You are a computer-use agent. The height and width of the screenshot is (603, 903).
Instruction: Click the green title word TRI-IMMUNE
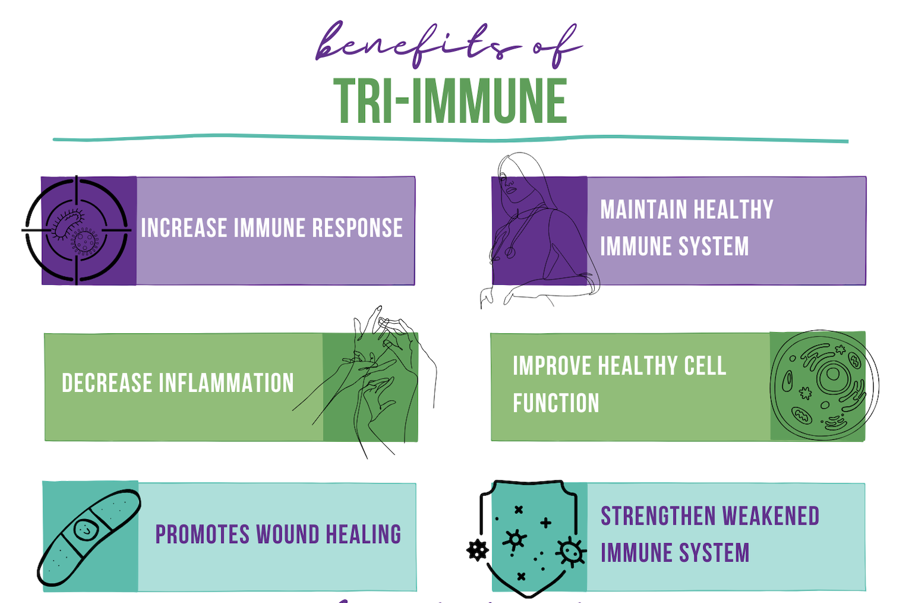point(451,100)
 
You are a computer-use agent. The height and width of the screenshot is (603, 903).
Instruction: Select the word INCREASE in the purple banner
point(185,228)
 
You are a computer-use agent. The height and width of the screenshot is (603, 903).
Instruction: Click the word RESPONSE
point(357,228)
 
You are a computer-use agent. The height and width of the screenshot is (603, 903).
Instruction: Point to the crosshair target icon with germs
point(76,230)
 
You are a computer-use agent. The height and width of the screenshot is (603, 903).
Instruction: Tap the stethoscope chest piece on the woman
point(510,253)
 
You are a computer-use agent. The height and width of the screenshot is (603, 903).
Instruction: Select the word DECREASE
point(107,382)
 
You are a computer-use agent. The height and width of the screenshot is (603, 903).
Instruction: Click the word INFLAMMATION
point(227,382)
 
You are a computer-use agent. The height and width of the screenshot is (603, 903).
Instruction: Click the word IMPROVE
point(552,366)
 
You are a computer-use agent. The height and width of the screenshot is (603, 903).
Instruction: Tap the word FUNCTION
point(556,403)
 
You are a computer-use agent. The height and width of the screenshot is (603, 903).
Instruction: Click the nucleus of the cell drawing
point(833,375)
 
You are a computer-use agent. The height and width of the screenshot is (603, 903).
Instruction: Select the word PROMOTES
point(203,535)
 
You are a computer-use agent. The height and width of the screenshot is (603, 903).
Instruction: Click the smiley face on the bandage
point(86,529)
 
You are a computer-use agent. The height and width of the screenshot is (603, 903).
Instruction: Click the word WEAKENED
point(770,516)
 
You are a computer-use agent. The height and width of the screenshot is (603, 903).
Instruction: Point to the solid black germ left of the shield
point(477,550)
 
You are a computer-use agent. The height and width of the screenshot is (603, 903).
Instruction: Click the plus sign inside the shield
point(546,523)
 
